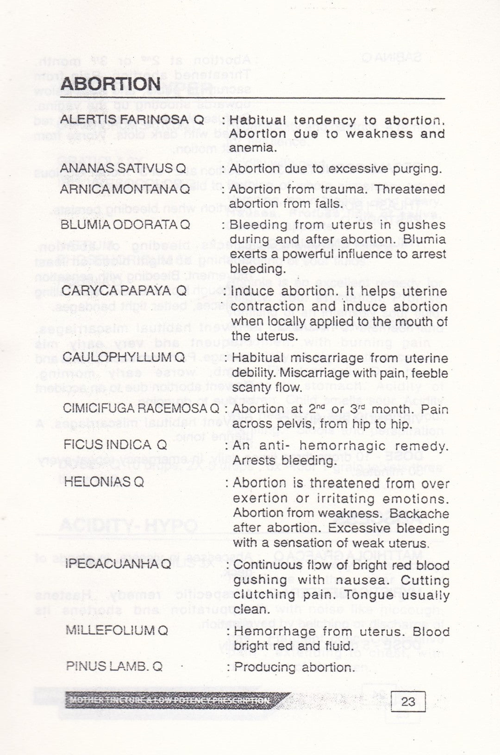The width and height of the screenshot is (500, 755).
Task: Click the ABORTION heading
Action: [x=111, y=85]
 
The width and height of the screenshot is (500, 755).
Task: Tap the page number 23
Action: [x=408, y=702]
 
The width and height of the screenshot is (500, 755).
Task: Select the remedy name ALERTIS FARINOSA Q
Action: [x=132, y=120]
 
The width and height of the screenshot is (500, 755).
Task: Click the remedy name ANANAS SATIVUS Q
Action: [x=124, y=168]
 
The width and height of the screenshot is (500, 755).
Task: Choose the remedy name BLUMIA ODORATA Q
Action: [x=125, y=225]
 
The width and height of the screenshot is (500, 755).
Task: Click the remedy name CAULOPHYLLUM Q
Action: [x=124, y=357]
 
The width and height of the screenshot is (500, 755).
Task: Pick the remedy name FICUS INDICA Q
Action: [x=115, y=445]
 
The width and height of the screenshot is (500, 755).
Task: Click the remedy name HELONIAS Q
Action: [x=104, y=482]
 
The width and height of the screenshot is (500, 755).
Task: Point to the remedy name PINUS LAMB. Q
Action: [x=114, y=667]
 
